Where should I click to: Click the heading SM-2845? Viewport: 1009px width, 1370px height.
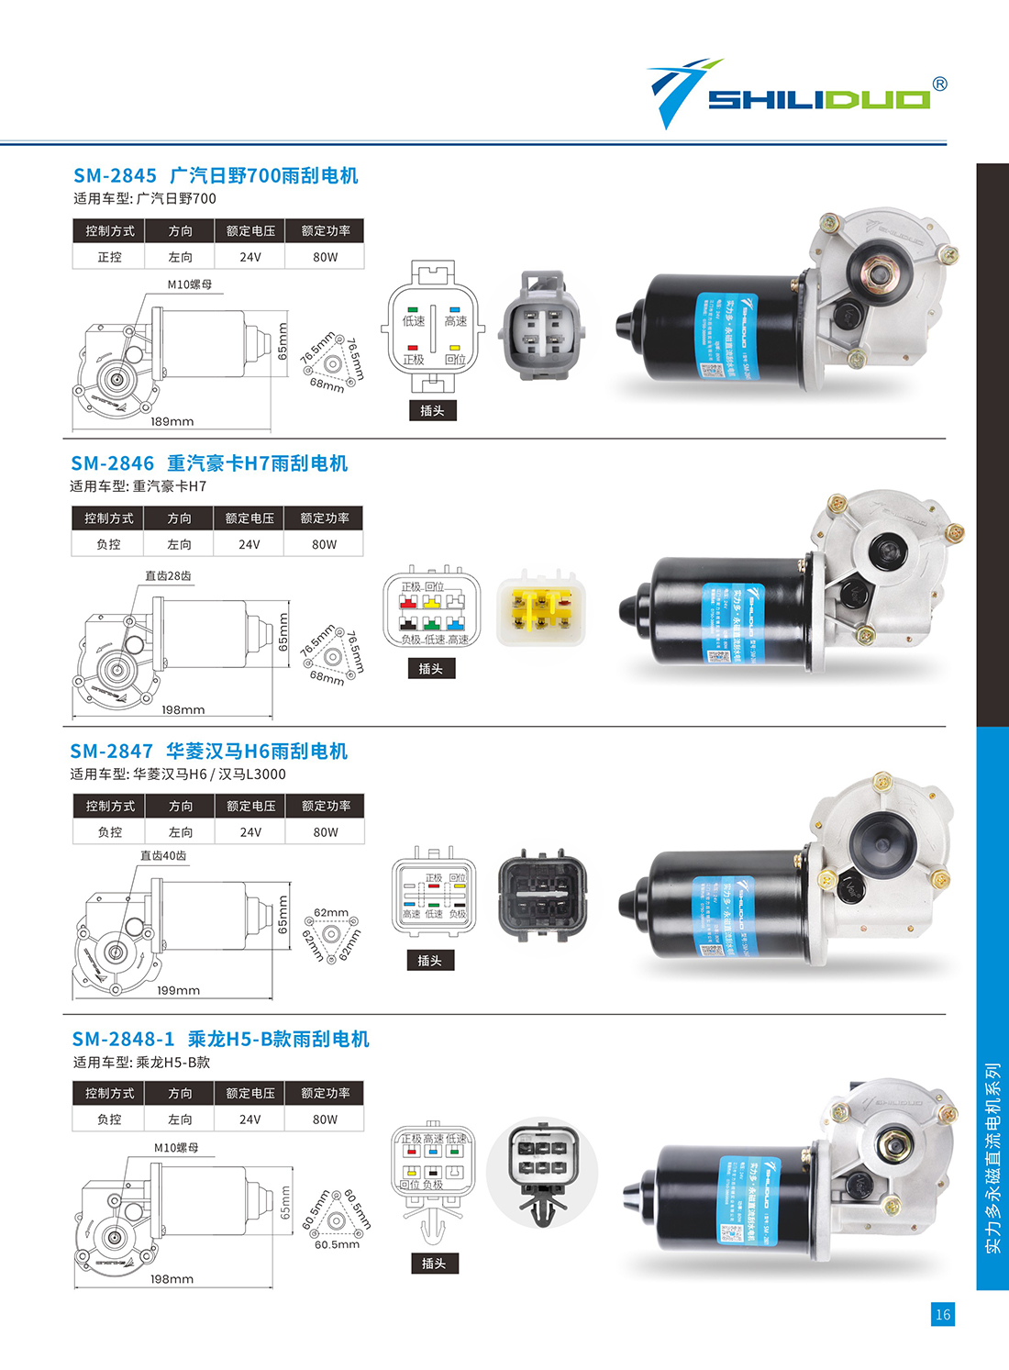coord(115,175)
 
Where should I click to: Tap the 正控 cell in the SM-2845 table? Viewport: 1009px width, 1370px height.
coord(109,257)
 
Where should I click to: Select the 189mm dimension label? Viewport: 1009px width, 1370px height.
coord(172,421)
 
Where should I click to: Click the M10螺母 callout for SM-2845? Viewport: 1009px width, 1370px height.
coord(190,284)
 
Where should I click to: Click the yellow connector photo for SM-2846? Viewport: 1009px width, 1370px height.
coord(540,610)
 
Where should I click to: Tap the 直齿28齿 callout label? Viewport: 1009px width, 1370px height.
coord(168,576)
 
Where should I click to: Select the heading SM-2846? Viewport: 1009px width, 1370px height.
coord(112,463)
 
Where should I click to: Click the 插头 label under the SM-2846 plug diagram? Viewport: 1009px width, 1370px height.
coord(431,669)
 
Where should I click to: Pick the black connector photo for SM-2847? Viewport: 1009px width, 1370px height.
coord(541,896)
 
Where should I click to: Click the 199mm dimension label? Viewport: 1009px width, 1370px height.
coord(178,990)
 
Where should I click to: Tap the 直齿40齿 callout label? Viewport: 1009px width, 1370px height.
coord(163,855)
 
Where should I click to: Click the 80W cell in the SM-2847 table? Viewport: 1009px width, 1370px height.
coord(326,832)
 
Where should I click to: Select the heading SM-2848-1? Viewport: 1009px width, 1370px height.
coord(123,1039)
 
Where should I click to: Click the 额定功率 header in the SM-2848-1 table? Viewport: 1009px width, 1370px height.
coord(325,1093)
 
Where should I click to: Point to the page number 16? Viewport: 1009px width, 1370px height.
coord(943,1314)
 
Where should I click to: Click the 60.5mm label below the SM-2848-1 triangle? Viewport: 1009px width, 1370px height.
coord(337,1245)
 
